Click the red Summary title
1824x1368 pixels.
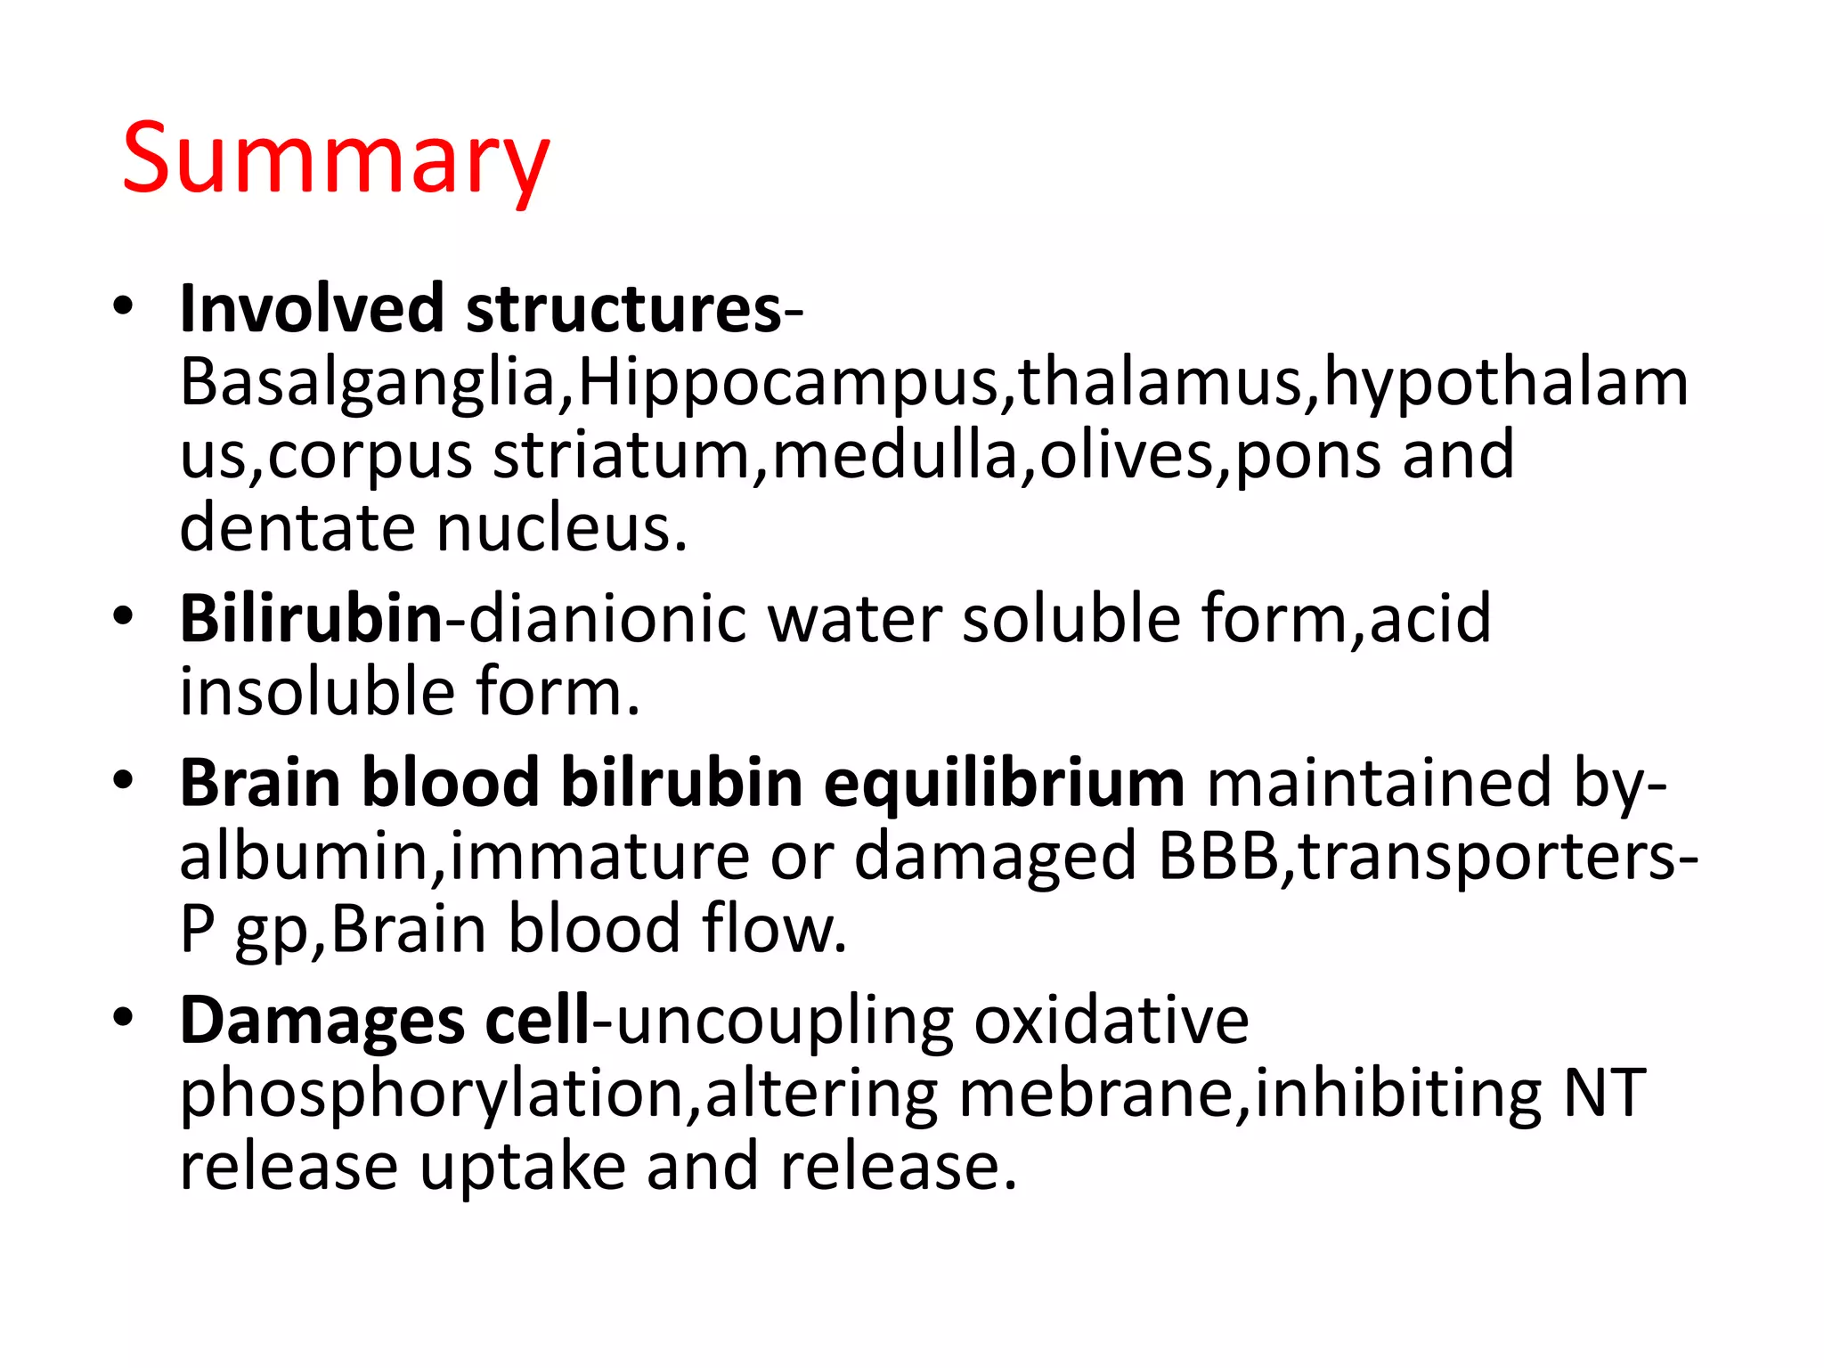336,160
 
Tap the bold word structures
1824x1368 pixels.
623,308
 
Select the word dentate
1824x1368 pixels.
297,527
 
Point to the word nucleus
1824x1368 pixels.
562,527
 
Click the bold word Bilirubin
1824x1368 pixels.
311,618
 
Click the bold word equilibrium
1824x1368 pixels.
1004,782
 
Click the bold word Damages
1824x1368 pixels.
322,1021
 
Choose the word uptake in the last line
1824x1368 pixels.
523,1167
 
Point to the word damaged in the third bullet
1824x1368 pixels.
995,855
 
